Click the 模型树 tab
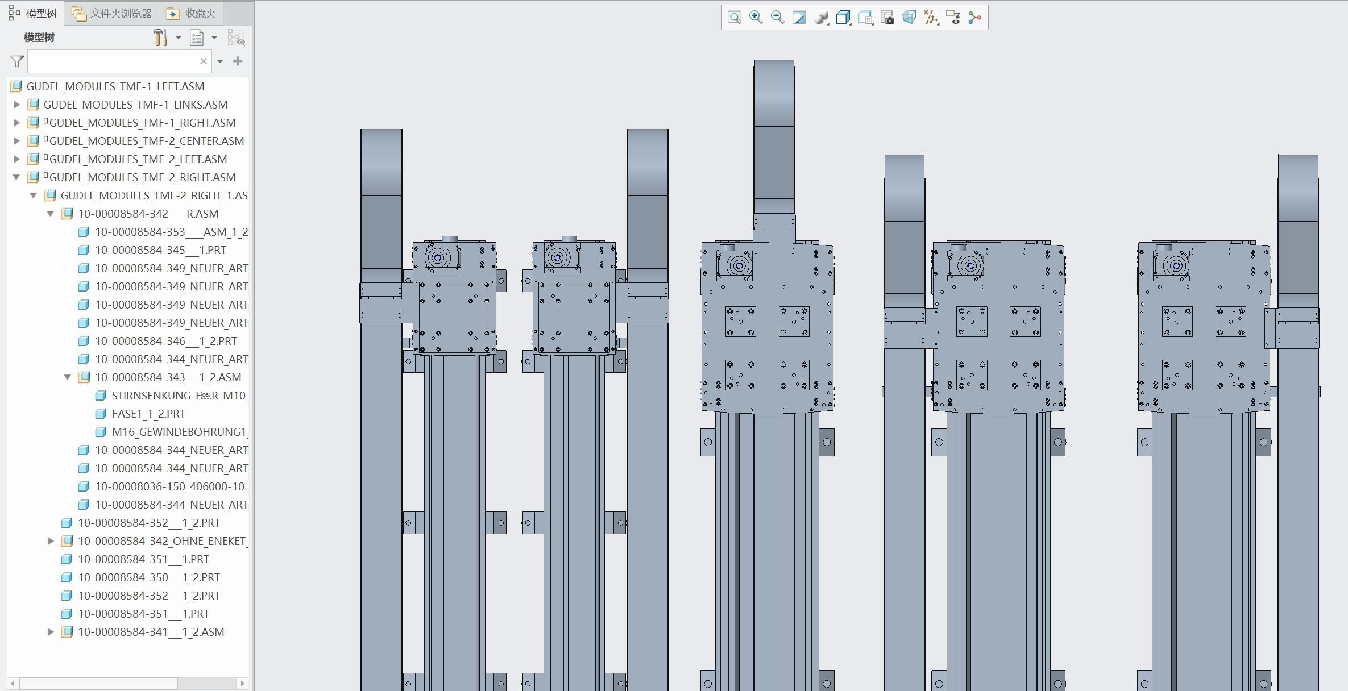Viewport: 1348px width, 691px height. [x=34, y=13]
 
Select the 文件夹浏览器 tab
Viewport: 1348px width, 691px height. [x=113, y=13]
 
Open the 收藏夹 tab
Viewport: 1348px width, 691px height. [x=192, y=13]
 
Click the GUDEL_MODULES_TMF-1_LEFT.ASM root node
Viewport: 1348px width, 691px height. [x=115, y=86]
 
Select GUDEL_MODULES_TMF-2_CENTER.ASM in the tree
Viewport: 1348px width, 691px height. [x=146, y=141]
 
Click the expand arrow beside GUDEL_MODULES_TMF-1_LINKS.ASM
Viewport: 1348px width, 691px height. [x=17, y=105]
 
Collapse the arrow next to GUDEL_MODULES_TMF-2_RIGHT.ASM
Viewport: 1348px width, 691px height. [x=17, y=177]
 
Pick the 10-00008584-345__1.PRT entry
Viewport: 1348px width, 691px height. [x=160, y=250]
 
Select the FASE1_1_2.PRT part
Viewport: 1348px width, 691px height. [x=148, y=414]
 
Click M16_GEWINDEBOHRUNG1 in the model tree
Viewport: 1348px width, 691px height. [x=179, y=432]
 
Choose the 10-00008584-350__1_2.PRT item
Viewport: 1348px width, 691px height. [x=148, y=577]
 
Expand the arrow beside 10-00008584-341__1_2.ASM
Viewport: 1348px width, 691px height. [x=51, y=632]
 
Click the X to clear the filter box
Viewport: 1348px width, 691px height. [x=204, y=61]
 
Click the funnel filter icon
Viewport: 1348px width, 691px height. [x=17, y=61]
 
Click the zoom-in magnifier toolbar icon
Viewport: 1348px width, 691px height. [x=756, y=17]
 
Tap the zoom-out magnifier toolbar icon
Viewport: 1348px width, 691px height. [x=777, y=17]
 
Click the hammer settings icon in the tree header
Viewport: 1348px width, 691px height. [x=160, y=38]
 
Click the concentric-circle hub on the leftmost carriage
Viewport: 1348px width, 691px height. [x=438, y=258]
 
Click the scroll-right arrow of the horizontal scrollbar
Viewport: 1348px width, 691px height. [x=243, y=683]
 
